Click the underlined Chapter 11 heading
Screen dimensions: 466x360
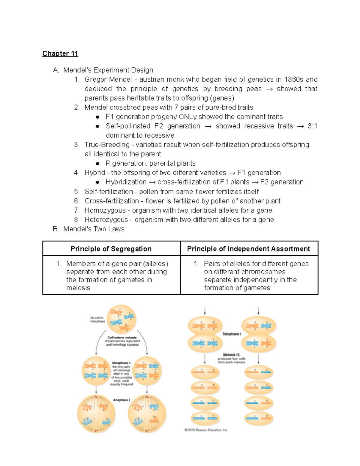pyautogui.click(x=60, y=54)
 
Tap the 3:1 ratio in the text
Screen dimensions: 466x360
pyautogui.click(x=312, y=126)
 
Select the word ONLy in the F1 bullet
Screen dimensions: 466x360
pyautogui.click(x=187, y=117)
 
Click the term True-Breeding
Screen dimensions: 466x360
pyautogui.click(x=107, y=145)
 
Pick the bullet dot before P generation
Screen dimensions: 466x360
pyautogui.click(x=97, y=164)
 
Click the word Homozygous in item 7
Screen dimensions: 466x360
pyautogui.click(x=105, y=210)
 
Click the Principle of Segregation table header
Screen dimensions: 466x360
pyautogui.click(x=111, y=249)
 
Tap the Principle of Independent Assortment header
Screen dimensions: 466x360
pyautogui.click(x=248, y=249)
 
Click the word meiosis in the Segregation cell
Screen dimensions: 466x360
pyautogui.click(x=78, y=288)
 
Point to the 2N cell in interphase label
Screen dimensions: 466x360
pyautogui.click(x=97, y=319)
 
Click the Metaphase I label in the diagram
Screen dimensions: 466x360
pyautogui.click(x=121, y=363)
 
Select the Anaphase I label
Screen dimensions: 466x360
pyautogui.click(x=121, y=400)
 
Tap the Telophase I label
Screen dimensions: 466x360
pyautogui.click(x=232, y=334)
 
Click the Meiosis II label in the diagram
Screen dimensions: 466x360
pyautogui.click(x=231, y=355)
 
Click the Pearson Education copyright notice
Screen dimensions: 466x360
pyautogui.click(x=206, y=430)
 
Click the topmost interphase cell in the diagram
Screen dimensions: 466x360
pyautogui.click(x=121, y=319)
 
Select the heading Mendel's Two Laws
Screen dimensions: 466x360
pyautogui.click(x=95, y=229)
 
